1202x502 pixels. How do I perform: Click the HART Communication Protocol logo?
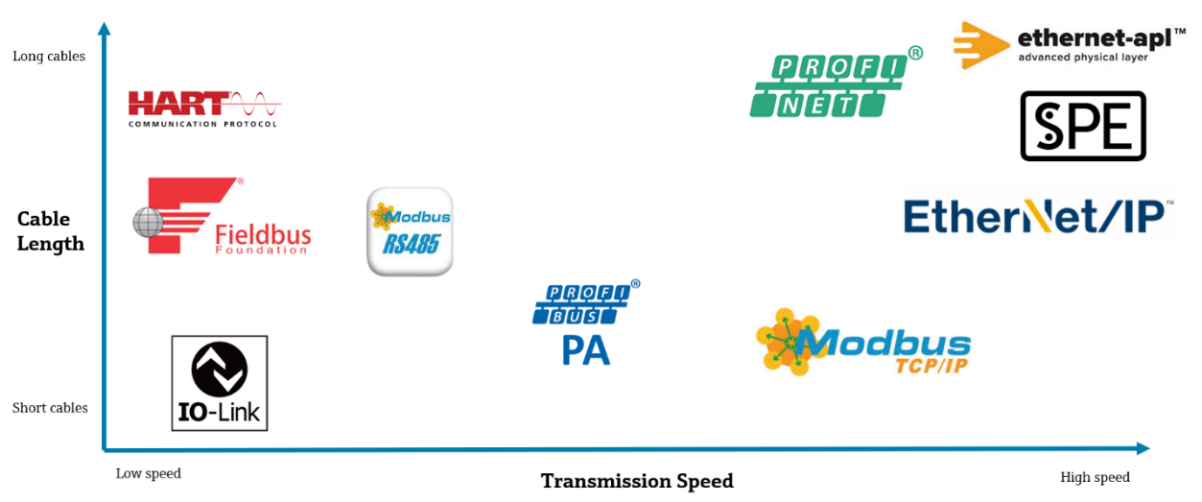pyautogui.click(x=203, y=108)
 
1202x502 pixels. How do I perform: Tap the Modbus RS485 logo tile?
pyautogui.click(x=410, y=231)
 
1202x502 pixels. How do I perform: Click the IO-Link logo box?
pyautogui.click(x=219, y=383)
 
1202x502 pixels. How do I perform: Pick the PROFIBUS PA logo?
pyautogui.click(x=585, y=323)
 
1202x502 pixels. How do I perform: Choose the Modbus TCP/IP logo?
pyautogui.click(x=862, y=342)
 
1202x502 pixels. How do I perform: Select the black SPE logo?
pyautogui.click(x=1083, y=126)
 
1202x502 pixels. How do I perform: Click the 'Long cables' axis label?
pyautogui.click(x=49, y=57)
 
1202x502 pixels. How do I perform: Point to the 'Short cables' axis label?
pyautogui.click(x=50, y=408)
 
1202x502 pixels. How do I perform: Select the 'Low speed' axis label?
pyautogui.click(x=149, y=474)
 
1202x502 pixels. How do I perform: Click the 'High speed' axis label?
pyautogui.click(x=1095, y=477)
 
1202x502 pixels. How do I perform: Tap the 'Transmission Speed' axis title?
pyautogui.click(x=637, y=481)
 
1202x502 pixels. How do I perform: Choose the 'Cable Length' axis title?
pyautogui.click(x=51, y=231)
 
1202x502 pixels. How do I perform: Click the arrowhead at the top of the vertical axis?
pyautogui.click(x=105, y=27)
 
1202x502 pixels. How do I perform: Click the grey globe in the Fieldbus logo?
pyautogui.click(x=148, y=223)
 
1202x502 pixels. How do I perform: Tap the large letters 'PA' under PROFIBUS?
pyautogui.click(x=585, y=350)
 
